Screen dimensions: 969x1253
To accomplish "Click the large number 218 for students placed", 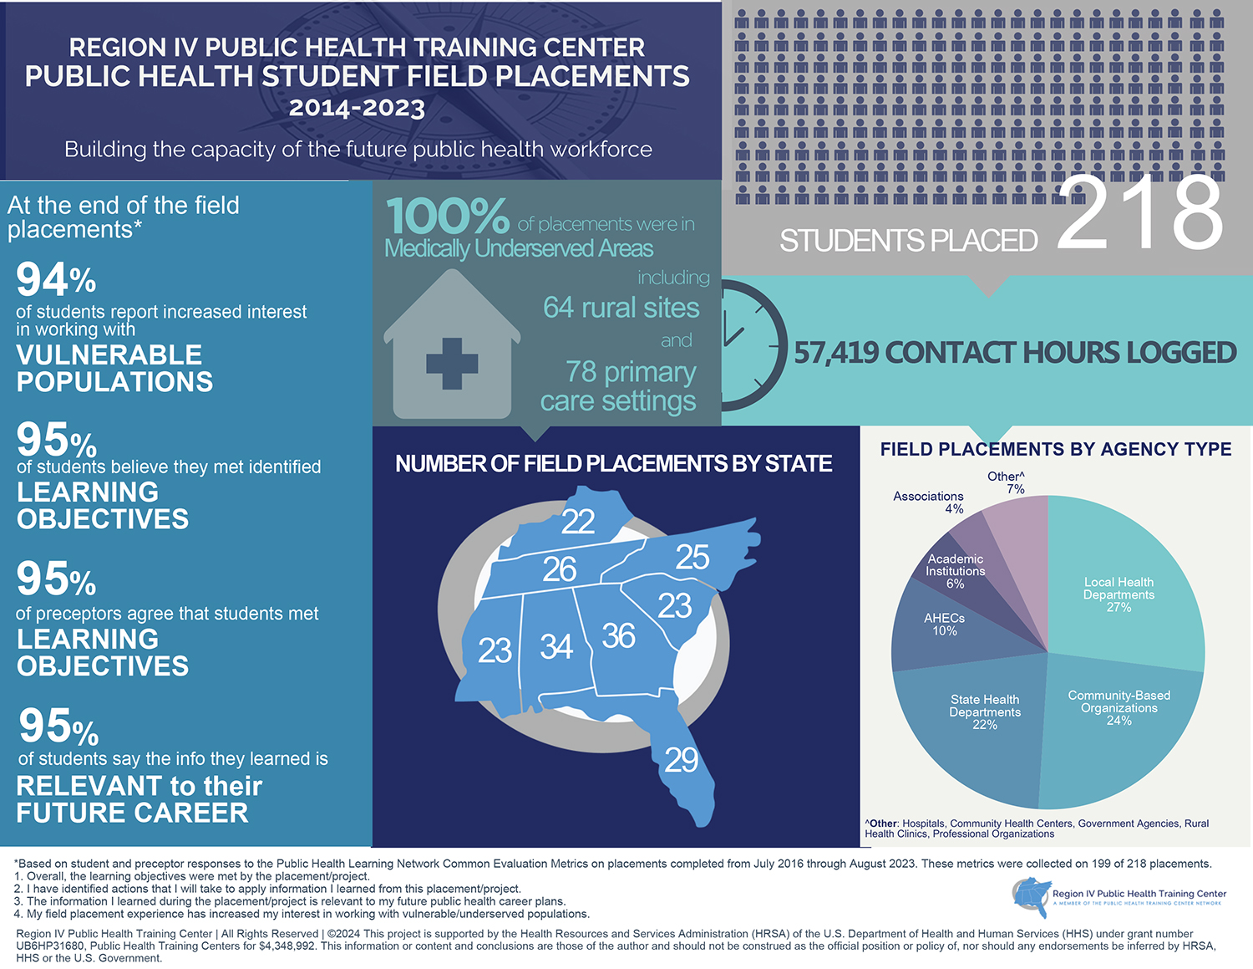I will [x=1140, y=213].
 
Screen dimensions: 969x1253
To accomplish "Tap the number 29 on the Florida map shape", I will [x=681, y=760].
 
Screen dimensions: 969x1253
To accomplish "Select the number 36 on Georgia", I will [x=618, y=636].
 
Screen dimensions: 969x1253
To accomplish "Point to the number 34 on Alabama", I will [x=555, y=646].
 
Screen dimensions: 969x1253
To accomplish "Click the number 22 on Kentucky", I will [x=577, y=522].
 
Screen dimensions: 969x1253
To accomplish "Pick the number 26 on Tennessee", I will [x=559, y=569].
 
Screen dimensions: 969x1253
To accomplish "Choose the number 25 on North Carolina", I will [x=692, y=557].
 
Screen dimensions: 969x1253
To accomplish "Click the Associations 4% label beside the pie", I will [x=928, y=502].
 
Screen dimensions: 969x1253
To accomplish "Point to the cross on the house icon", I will [x=452, y=363].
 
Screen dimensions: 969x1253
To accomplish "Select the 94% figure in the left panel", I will [x=55, y=279].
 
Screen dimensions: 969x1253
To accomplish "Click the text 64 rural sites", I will [x=621, y=308].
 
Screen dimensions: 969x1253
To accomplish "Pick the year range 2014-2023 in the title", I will [x=357, y=108].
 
